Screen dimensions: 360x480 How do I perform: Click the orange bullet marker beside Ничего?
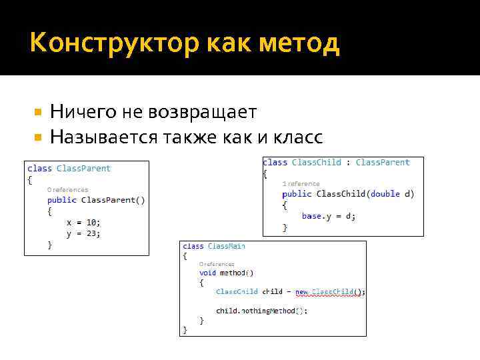pos(38,112)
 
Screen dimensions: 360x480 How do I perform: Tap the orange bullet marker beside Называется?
pos(38,137)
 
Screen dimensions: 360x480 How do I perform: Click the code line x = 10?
pos(83,222)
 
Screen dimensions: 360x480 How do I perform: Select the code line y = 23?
pos(83,233)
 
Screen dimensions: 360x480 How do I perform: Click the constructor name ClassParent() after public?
pos(113,199)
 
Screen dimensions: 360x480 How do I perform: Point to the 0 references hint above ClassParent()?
pos(67,189)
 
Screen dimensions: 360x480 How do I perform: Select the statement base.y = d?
pos(329,216)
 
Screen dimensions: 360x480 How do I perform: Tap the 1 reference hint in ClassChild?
pos(301,183)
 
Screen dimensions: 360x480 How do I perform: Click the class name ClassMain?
pos(226,247)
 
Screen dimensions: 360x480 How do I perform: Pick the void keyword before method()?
pos(207,273)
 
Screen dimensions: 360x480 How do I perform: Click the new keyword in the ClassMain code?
pos(301,292)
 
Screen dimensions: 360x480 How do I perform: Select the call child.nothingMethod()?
pos(261,311)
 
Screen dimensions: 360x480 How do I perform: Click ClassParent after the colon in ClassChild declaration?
pos(383,163)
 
